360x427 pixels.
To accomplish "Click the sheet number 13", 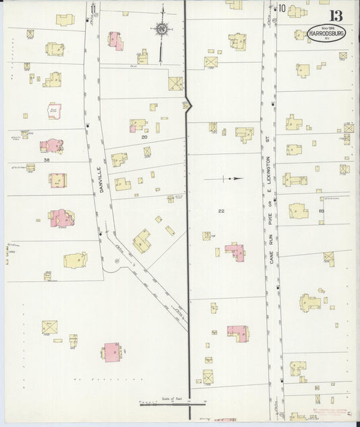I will click(336, 15).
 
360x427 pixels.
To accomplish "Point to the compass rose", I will click(161, 28).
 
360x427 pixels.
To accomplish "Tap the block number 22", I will click(221, 211).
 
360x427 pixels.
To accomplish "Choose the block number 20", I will click(145, 136).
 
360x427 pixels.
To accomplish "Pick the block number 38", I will click(47, 160).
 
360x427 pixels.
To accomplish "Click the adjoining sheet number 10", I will click(281, 8).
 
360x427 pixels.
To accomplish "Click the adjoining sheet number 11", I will click(94, 8).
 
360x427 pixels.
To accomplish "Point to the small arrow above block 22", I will click(231, 179).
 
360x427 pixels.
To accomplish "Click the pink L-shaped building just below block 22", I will click(235, 252).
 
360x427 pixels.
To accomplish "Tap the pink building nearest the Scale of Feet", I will click(112, 351).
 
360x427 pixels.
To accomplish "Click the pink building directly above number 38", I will click(51, 145).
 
